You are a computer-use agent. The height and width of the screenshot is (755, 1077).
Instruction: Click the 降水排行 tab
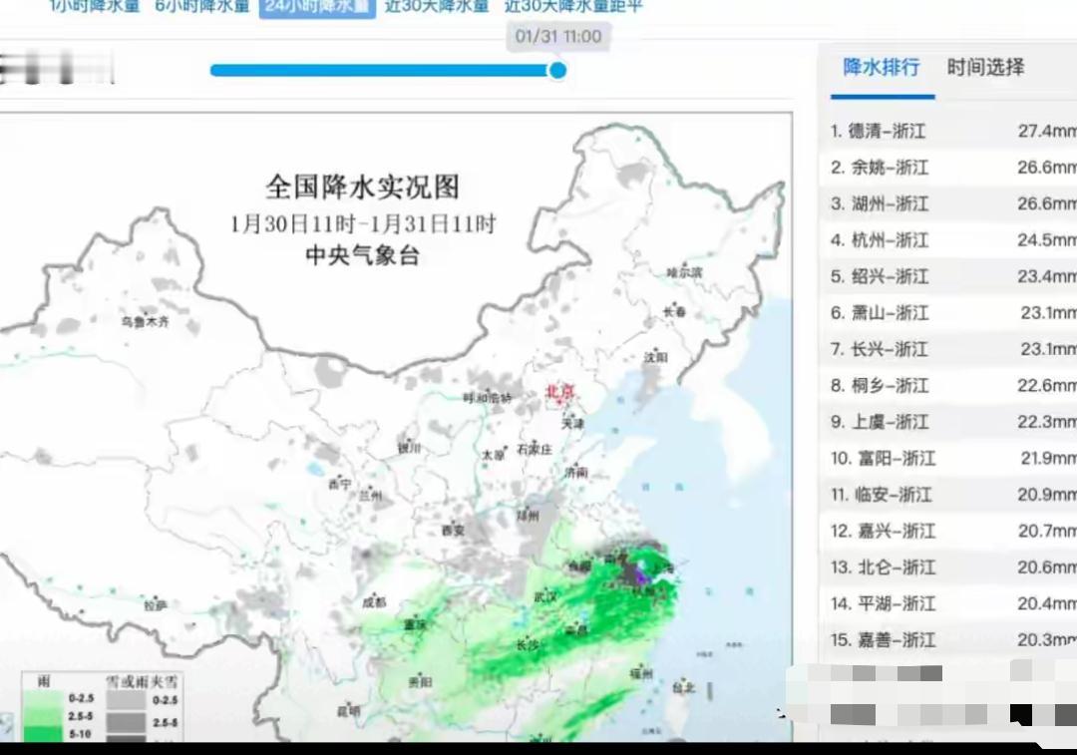point(881,68)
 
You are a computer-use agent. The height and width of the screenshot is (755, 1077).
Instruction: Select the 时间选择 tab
point(985,68)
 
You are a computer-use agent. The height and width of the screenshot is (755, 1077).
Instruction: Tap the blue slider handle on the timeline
point(557,70)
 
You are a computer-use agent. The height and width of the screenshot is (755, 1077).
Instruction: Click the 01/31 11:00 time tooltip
point(558,37)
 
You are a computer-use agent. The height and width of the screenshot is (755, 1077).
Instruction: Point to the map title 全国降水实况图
point(362,187)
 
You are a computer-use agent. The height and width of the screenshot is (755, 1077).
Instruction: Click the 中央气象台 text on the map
point(362,256)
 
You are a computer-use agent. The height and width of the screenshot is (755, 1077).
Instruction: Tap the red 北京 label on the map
point(560,392)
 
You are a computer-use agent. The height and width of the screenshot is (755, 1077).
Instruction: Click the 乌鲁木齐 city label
point(146,322)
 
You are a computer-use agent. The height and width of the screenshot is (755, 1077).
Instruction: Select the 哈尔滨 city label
point(685,271)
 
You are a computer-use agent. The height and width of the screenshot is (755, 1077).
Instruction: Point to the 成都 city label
point(375,601)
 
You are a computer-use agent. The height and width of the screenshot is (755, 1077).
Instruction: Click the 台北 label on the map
point(683,687)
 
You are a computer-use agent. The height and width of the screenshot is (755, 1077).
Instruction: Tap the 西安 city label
point(453,531)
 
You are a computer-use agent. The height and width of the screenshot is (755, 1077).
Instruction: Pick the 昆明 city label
point(348,711)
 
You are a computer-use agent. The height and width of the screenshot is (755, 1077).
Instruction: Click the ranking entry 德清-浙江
point(887,131)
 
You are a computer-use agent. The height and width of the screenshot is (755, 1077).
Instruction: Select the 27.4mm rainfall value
point(1046,131)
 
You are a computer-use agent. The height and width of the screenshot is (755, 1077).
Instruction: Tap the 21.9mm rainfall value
point(1046,459)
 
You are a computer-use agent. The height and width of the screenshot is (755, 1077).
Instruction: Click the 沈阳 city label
point(655,356)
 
